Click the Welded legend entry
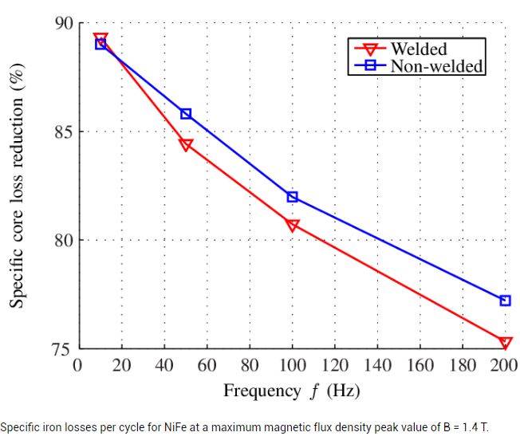tap(418, 49)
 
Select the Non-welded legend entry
tap(435, 65)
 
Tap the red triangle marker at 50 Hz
tap(186, 144)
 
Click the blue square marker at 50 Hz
tap(186, 114)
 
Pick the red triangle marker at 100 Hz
tap(293, 226)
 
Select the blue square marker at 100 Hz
tap(293, 197)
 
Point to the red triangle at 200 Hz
tap(505, 343)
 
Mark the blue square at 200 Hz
tap(505, 301)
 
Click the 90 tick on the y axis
tap(61, 23)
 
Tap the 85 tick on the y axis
tap(61, 132)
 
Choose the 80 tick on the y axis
tap(61, 240)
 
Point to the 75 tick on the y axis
tap(61, 349)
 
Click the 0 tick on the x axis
tap(78, 365)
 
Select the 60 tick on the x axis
tap(207, 365)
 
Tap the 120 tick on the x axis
tap(335, 365)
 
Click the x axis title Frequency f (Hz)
tap(291, 391)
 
